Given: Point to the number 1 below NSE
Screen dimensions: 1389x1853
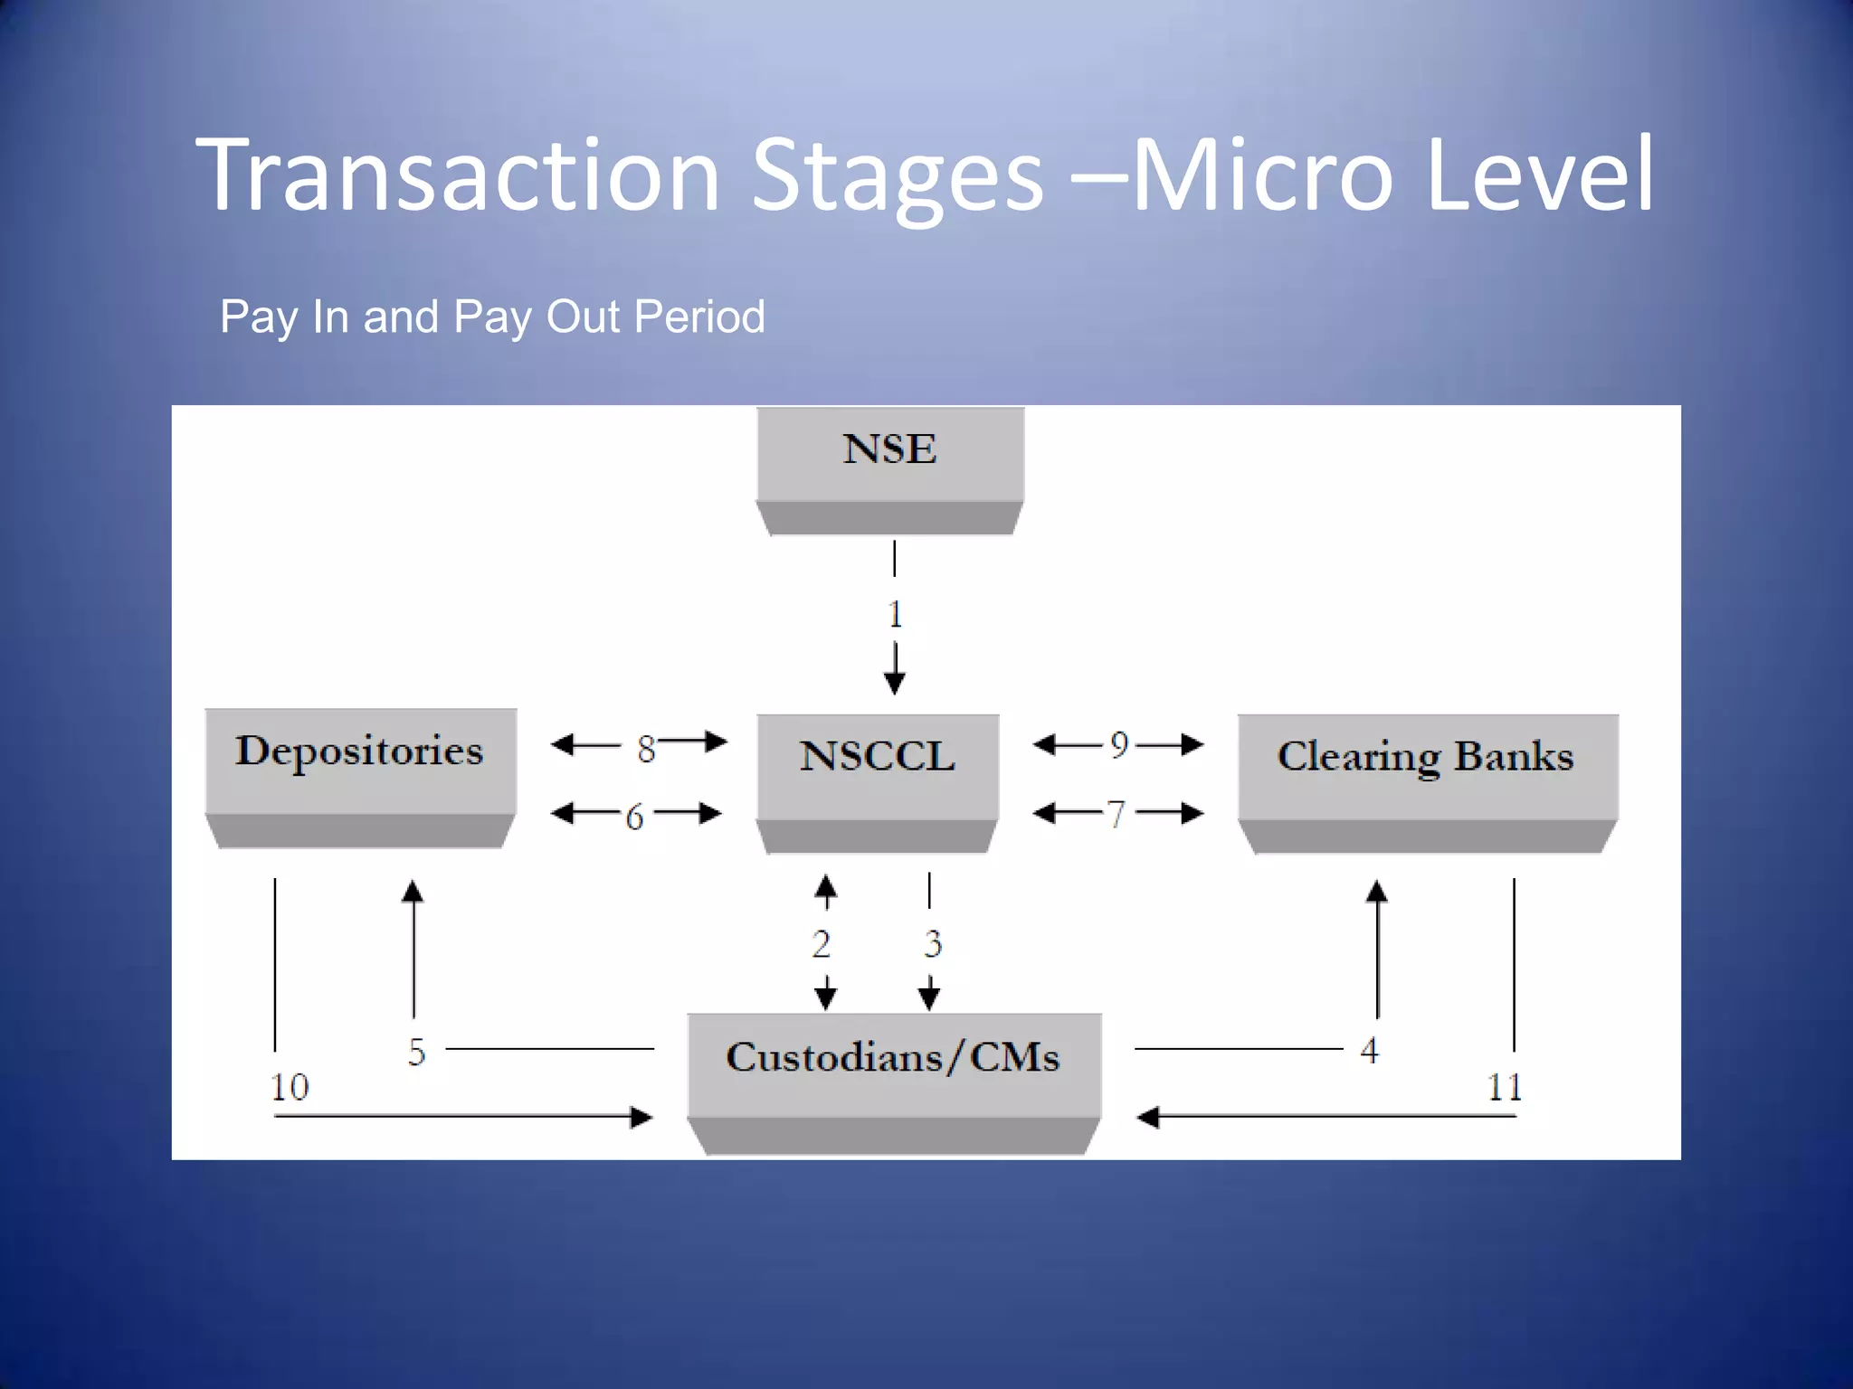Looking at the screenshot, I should (895, 615).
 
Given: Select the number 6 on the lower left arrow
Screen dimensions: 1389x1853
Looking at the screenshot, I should (634, 817).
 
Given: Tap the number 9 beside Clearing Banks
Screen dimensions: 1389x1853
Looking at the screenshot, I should (1120, 745).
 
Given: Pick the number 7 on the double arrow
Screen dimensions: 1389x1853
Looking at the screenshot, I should (1117, 815).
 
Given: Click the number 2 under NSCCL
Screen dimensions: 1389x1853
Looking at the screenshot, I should (822, 944).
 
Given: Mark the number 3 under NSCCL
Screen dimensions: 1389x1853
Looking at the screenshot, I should (933, 944).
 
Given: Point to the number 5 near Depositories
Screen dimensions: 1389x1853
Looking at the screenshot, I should (416, 1052).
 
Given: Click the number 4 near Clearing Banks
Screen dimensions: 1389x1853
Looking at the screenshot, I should (1369, 1050).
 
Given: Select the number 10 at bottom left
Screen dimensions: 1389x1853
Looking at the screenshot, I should (290, 1086).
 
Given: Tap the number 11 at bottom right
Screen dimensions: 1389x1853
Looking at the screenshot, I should (1505, 1086).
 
